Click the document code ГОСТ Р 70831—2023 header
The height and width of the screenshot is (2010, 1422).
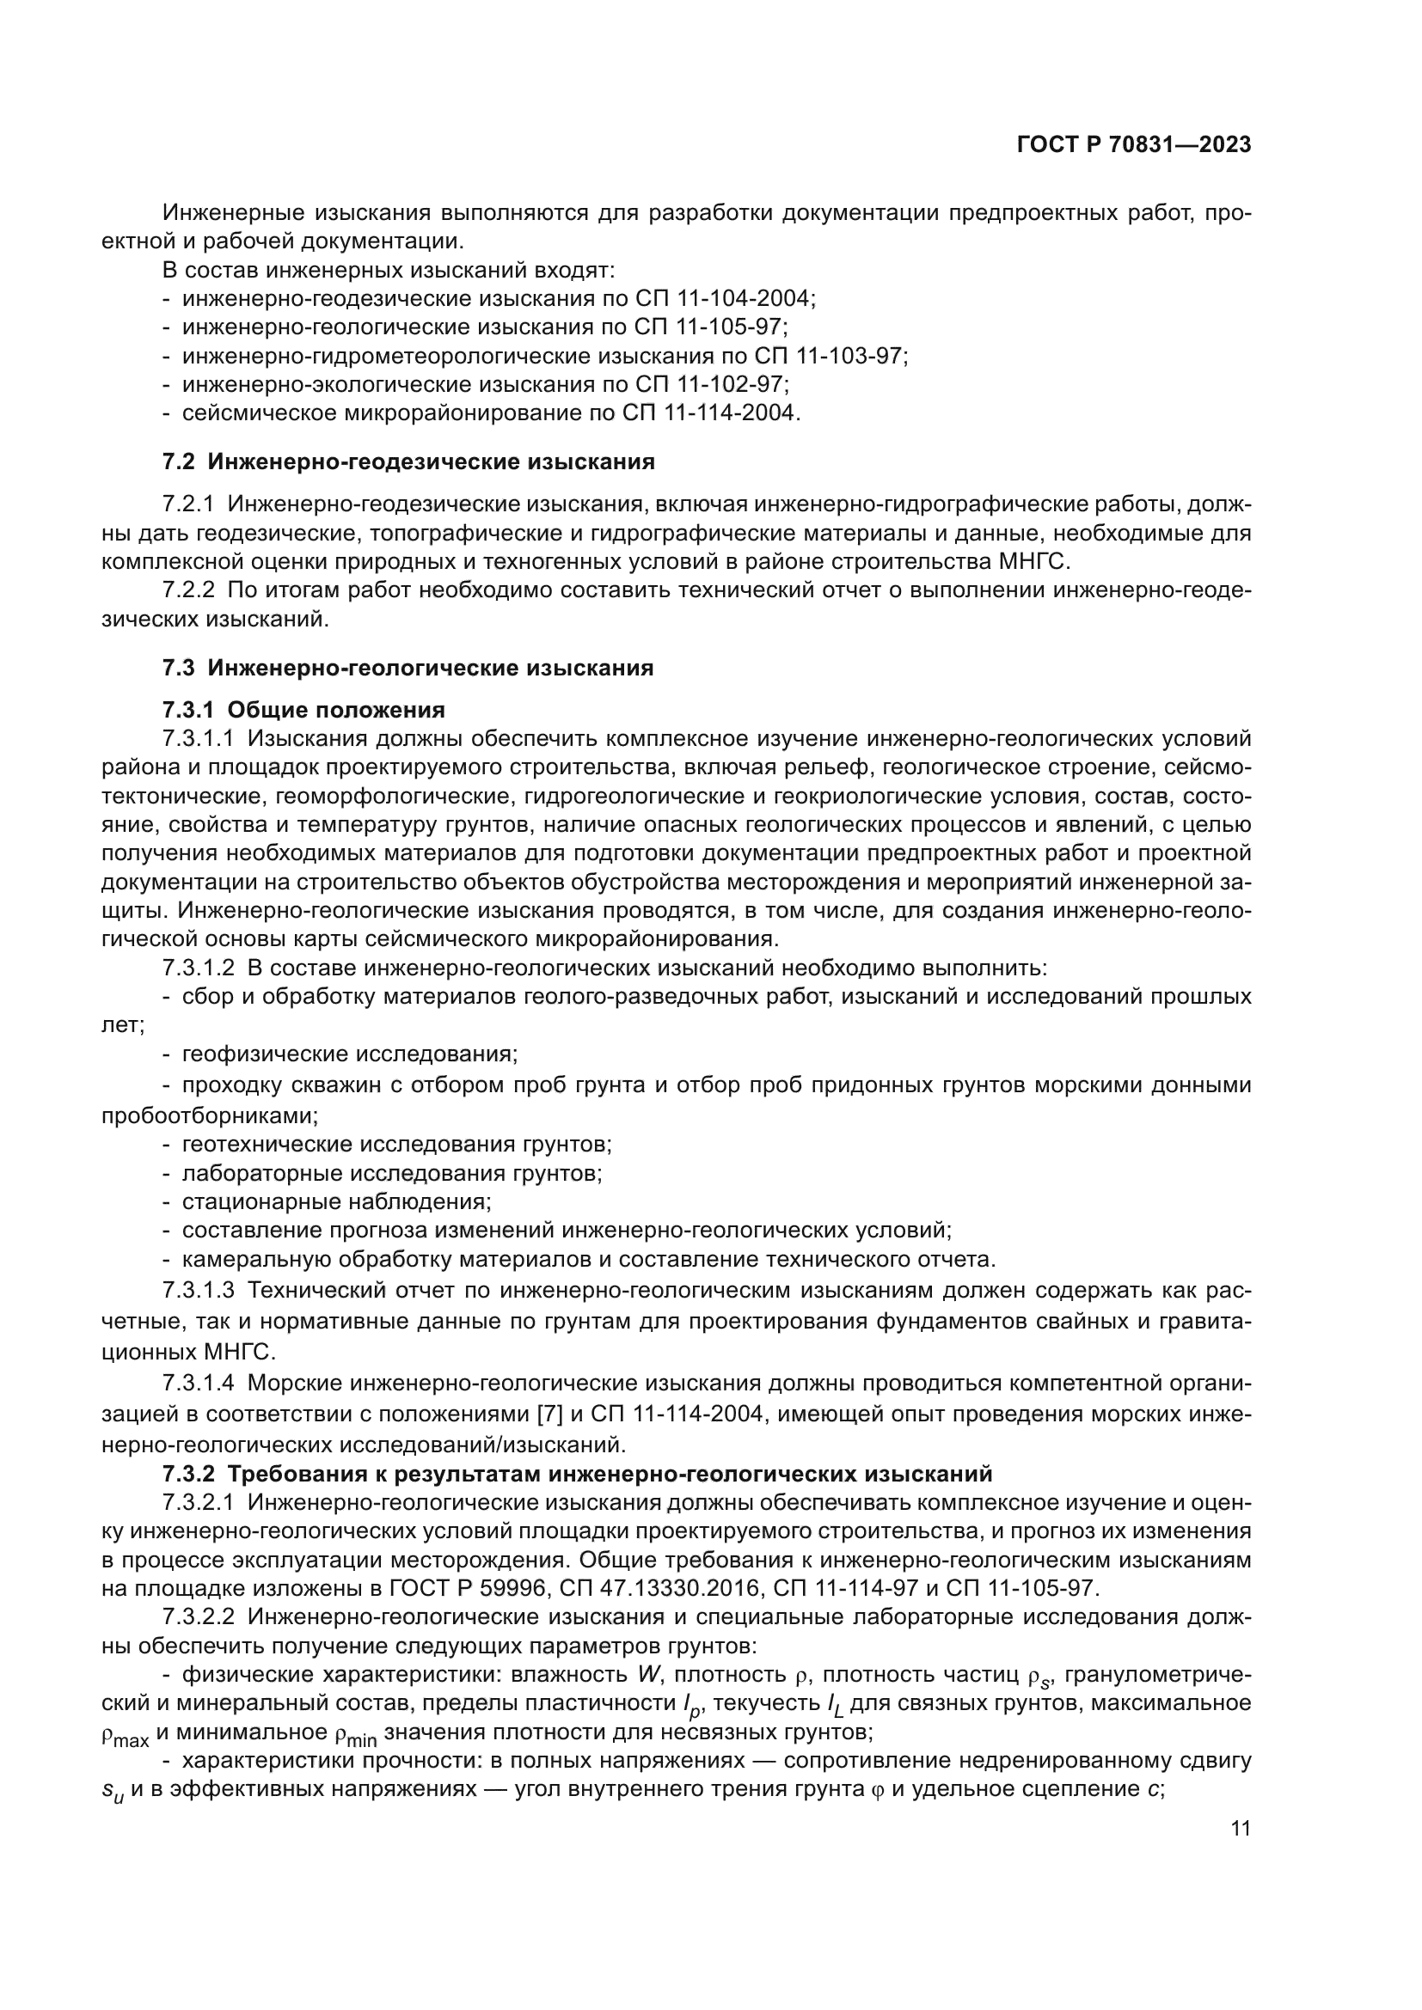point(1133,145)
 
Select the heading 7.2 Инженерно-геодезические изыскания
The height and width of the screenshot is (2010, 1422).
point(408,461)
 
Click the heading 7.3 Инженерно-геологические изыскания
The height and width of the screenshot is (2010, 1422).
point(408,668)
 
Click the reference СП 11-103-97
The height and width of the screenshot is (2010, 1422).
point(828,356)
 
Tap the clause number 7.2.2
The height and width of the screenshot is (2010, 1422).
point(188,590)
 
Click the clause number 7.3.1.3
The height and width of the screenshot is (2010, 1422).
point(199,1291)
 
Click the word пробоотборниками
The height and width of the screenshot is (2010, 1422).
point(209,1116)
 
